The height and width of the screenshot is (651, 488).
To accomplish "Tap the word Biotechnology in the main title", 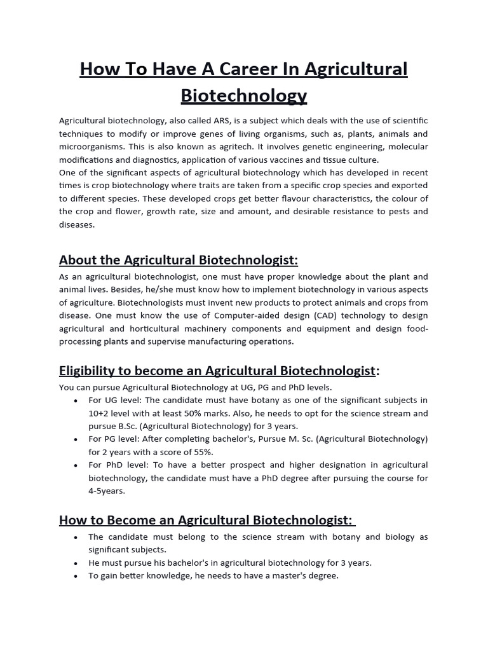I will (244, 95).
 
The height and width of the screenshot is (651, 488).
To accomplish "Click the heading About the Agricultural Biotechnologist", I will (179, 260).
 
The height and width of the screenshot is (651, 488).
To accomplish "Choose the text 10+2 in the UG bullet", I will (100, 413).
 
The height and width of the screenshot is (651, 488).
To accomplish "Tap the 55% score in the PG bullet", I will (201, 452).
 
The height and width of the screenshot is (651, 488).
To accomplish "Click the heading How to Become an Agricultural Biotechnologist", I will (205, 520).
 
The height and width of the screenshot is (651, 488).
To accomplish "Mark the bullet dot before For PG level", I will (76, 439).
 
